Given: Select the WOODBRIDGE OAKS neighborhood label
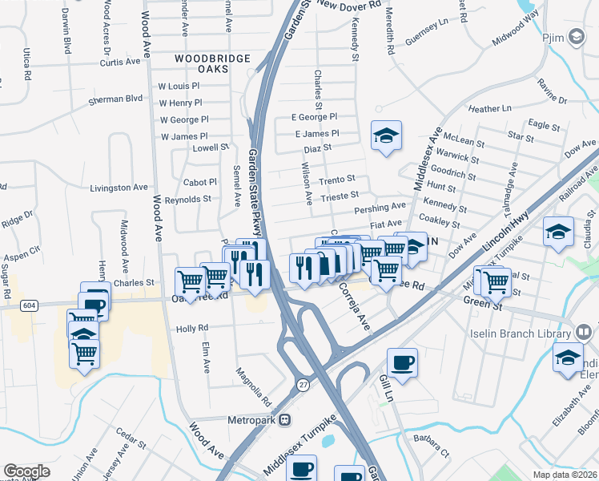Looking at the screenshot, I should point(212,64).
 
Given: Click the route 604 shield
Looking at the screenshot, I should point(29,305).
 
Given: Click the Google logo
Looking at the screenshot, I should point(26,471).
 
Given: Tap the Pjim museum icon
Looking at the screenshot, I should point(575,37).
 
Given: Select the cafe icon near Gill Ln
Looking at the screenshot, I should point(402,362).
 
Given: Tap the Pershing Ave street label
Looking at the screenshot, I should point(380,209).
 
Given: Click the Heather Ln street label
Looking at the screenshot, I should point(489,108).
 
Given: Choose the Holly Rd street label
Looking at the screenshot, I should point(192,328).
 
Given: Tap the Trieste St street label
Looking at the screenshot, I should point(339,195).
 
